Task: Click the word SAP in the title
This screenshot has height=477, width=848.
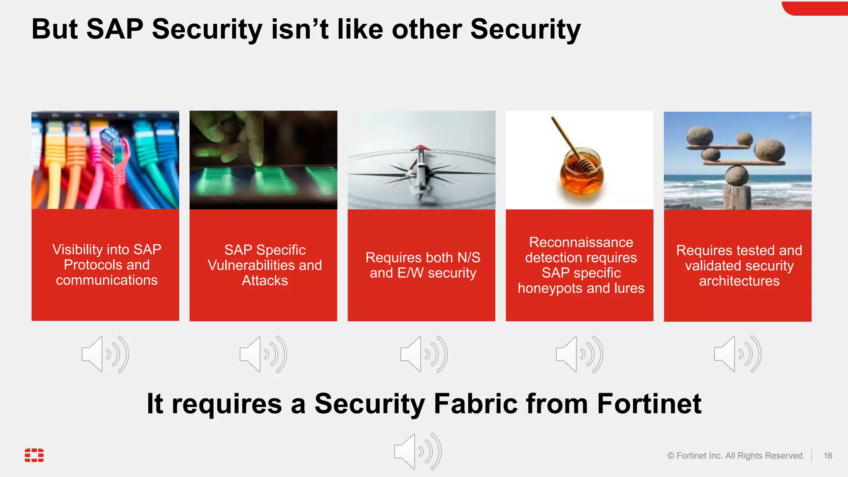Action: (115, 30)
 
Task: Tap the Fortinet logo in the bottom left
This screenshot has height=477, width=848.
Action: (34, 455)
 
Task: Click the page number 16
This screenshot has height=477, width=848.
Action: (827, 455)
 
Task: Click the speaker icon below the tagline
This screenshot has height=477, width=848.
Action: (417, 451)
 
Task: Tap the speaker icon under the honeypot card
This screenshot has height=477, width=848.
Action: (579, 354)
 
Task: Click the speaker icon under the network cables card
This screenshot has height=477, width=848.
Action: (105, 354)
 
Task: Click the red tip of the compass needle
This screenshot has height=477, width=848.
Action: (421, 147)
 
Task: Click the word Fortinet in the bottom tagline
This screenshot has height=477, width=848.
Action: (649, 404)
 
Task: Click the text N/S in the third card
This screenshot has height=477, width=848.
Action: (468, 258)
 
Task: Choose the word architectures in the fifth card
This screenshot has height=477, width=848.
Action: (739, 281)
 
